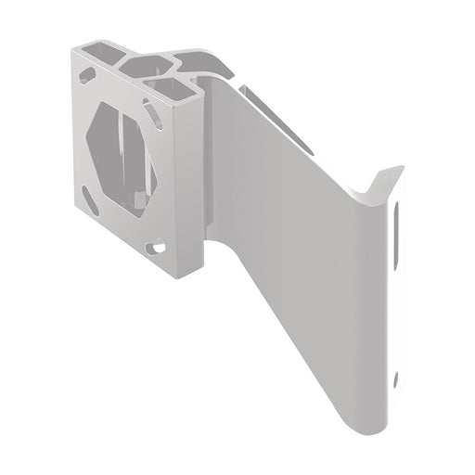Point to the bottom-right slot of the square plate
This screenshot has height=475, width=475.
click(x=160, y=248)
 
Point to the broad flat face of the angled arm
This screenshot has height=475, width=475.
click(x=297, y=232)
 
